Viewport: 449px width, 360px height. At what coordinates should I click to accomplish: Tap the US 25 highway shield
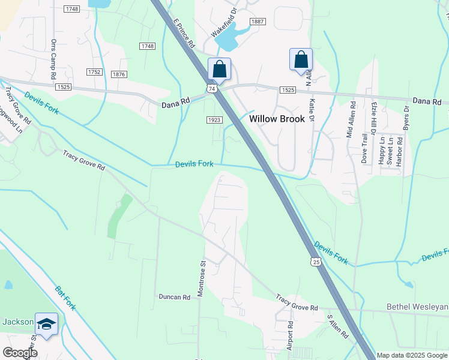click(316, 262)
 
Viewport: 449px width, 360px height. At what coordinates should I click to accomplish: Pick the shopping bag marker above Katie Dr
click(301, 59)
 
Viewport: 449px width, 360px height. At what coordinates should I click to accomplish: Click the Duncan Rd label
click(174, 296)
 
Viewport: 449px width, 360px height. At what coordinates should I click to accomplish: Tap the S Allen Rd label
click(337, 326)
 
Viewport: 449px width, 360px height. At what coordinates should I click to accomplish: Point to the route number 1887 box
click(258, 22)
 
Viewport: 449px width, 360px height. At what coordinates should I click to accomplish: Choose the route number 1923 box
click(215, 120)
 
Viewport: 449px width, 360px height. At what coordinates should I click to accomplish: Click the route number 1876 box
click(119, 74)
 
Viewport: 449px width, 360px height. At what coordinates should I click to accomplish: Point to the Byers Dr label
click(406, 119)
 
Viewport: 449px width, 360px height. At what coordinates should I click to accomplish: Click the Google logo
click(20, 352)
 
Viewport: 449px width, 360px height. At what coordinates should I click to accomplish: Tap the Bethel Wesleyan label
click(417, 308)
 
